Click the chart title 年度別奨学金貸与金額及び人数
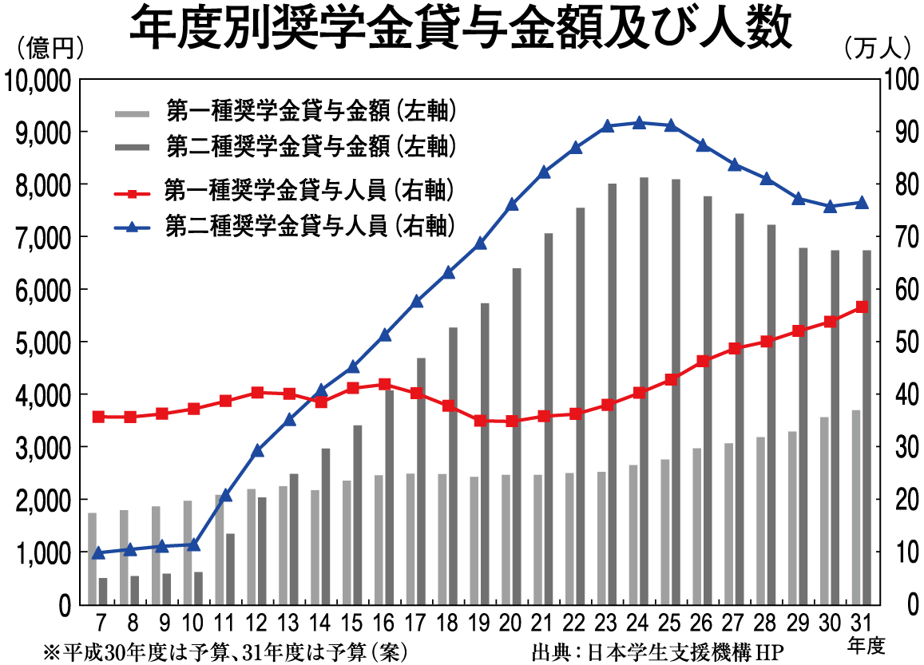(x=461, y=30)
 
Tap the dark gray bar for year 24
(x=644, y=390)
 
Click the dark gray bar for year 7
(x=103, y=591)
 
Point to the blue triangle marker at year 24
(x=639, y=123)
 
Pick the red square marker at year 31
(x=863, y=307)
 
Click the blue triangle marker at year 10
(x=193, y=544)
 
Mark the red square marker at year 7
(x=98, y=417)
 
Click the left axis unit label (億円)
(x=50, y=49)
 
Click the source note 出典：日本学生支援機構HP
(x=656, y=651)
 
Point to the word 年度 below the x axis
(x=866, y=643)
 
